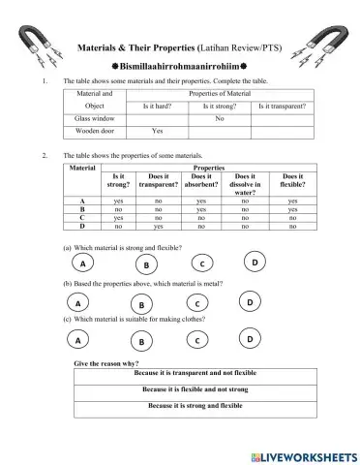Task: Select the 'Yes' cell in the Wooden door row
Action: click(157, 130)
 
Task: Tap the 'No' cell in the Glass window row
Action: click(219, 117)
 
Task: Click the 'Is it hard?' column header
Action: click(157, 105)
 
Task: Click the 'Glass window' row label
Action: click(95, 117)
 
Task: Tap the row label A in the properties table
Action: click(82, 201)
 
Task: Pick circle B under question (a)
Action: click(145, 264)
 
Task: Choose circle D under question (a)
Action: click(255, 263)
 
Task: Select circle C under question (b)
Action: click(197, 304)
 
